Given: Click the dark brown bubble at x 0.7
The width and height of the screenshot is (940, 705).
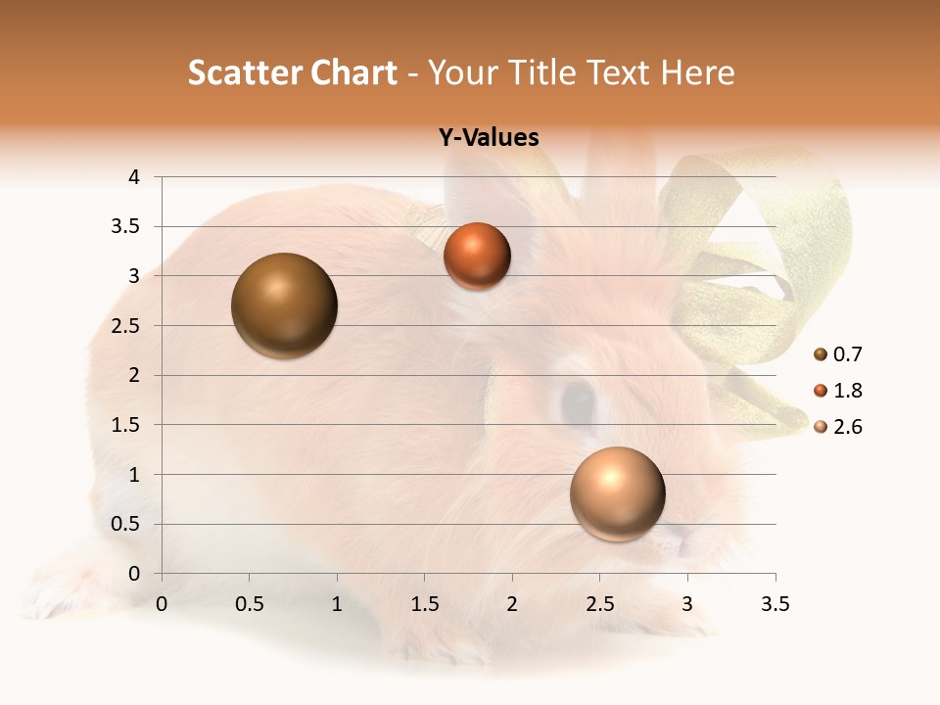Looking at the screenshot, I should click(x=285, y=305).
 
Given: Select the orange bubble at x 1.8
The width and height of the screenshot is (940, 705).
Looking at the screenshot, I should click(x=477, y=256).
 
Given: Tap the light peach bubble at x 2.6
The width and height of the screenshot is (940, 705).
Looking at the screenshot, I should click(x=618, y=493).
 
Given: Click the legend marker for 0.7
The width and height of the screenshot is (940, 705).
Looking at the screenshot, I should click(x=821, y=354).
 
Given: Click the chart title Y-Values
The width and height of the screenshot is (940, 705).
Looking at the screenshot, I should click(x=489, y=138).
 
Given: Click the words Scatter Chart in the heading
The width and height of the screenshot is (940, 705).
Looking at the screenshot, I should click(x=293, y=72).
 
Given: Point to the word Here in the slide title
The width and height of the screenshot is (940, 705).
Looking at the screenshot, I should click(x=698, y=72).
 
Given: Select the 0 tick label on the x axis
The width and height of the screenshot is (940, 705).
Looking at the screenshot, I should click(x=162, y=604).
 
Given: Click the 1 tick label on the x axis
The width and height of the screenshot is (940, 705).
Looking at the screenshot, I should click(x=337, y=604).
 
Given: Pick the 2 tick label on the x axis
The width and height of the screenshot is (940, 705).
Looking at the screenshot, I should click(x=512, y=604).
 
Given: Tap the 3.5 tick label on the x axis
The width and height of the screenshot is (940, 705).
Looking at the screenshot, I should click(x=775, y=604).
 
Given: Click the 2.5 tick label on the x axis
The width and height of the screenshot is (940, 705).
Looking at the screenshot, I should click(x=599, y=604).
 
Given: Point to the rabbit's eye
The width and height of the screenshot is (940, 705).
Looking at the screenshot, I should click(x=577, y=401).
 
